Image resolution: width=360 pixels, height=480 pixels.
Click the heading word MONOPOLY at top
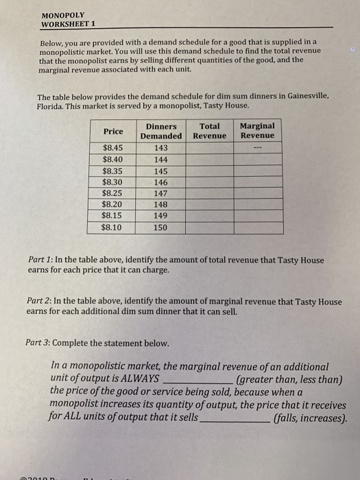tap(62, 14)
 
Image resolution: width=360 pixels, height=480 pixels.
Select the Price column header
tap(113, 131)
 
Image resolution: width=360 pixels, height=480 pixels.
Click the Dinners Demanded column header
tap(161, 131)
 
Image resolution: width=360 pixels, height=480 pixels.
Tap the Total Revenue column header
tap(210, 131)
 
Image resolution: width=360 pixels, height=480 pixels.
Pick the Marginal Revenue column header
tap(257, 131)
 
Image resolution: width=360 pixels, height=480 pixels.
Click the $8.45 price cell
tap(113, 147)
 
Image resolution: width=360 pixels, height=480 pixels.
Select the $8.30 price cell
tap(113, 182)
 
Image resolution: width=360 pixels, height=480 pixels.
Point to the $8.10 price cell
tap(113, 227)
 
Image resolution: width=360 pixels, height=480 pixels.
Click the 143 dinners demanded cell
tap(161, 147)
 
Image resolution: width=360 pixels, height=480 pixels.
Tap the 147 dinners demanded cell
tap(161, 193)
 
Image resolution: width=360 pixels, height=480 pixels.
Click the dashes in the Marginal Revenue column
tap(257, 147)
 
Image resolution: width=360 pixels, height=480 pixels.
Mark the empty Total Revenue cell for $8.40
tap(210, 159)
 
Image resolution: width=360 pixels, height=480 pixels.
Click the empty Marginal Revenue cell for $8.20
tap(257, 204)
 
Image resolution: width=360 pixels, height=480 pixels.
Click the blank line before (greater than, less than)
tap(197, 381)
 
